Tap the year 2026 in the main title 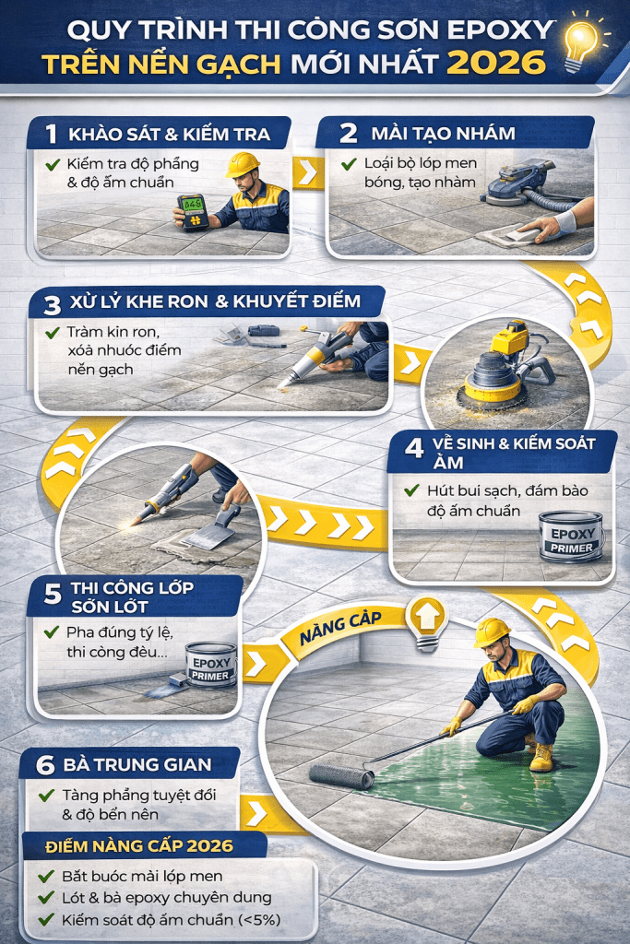pyautogui.click(x=497, y=63)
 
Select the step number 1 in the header pyautogui.click(x=52, y=134)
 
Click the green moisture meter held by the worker pyautogui.click(x=192, y=211)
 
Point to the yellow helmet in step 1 pyautogui.click(x=242, y=164)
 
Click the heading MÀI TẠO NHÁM pyautogui.click(x=443, y=133)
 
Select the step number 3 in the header pyautogui.click(x=53, y=305)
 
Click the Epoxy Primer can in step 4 pyautogui.click(x=570, y=537)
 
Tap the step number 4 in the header pyautogui.click(x=414, y=449)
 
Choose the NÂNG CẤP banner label pyautogui.click(x=341, y=626)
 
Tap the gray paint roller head pyautogui.click(x=342, y=776)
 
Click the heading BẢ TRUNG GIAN pyautogui.click(x=137, y=764)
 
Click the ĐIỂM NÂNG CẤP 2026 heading pyautogui.click(x=139, y=846)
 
